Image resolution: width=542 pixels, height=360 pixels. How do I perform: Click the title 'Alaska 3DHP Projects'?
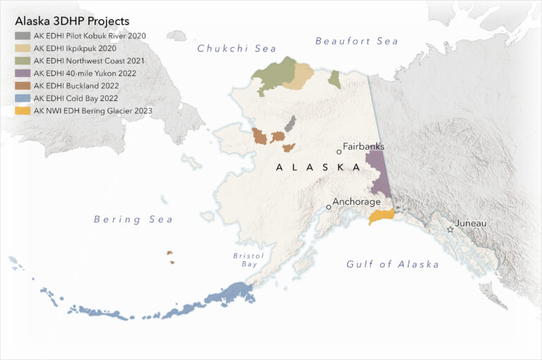pyautogui.click(x=72, y=21)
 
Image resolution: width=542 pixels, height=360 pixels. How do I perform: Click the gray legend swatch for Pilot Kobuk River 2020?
pyautogui.click(x=23, y=35)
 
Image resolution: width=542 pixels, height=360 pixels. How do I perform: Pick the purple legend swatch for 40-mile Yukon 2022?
pyautogui.click(x=23, y=73)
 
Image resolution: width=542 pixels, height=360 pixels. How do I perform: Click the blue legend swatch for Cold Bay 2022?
pyautogui.click(x=23, y=98)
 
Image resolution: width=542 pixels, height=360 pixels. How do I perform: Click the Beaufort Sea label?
pyautogui.click(x=356, y=42)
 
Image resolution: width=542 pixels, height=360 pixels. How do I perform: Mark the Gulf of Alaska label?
pyautogui.click(x=392, y=264)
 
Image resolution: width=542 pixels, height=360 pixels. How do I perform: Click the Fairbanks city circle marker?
pyautogui.click(x=339, y=151)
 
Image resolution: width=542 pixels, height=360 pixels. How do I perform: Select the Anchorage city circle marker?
pyautogui.click(x=328, y=207)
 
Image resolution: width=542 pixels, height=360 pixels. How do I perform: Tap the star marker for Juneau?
pyautogui.click(x=450, y=229)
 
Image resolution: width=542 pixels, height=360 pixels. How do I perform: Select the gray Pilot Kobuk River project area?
pyautogui.click(x=289, y=124)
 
